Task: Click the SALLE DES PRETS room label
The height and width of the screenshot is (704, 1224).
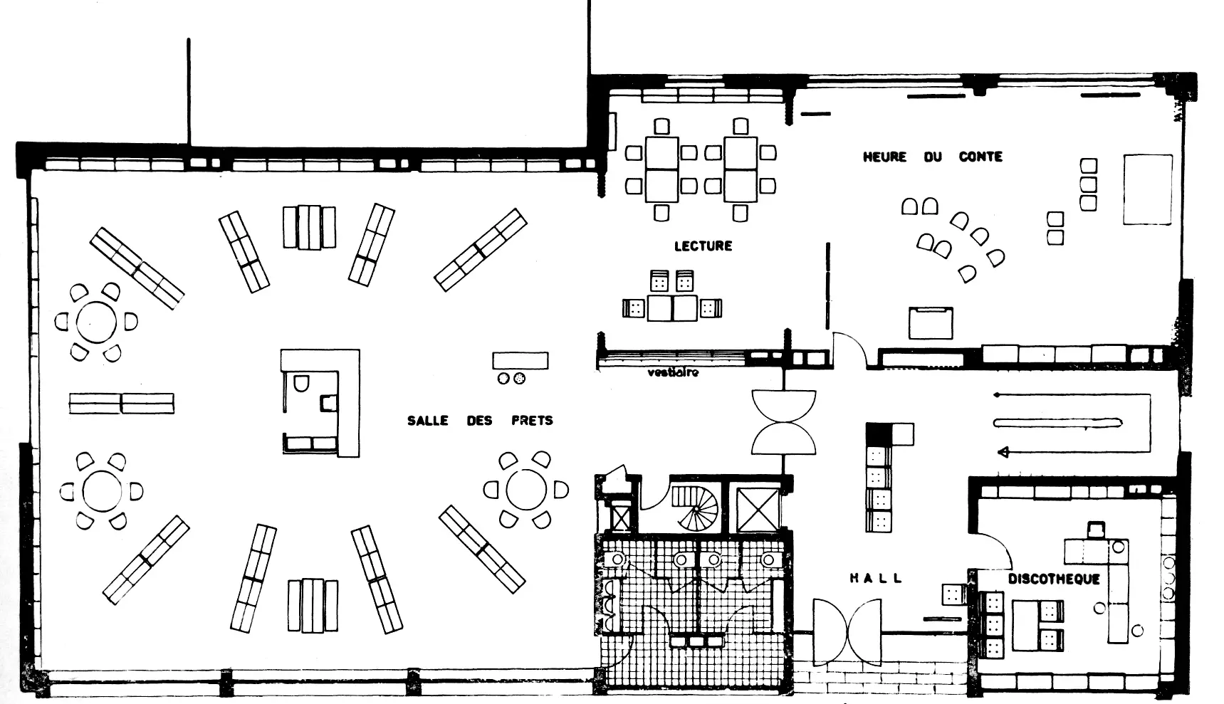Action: point(480,421)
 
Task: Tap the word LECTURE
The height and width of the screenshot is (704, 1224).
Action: point(703,246)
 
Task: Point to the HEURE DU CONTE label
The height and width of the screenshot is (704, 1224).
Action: point(932,157)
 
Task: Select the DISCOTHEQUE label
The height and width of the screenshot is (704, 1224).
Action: point(1054,579)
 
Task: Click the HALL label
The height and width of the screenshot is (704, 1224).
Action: point(876,579)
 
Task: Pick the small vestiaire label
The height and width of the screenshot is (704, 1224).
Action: point(673,372)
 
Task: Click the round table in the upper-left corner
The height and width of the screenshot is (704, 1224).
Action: point(96,322)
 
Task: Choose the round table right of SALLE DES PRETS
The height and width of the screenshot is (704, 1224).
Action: point(526,490)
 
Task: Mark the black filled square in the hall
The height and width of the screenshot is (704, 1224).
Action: point(878,434)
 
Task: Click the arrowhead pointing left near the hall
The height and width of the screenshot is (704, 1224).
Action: point(1005,451)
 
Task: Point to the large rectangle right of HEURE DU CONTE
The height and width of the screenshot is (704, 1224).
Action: point(1148,189)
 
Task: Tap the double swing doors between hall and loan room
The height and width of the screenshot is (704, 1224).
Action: point(783,422)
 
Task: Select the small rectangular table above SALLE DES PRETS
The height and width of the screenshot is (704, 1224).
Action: point(521,360)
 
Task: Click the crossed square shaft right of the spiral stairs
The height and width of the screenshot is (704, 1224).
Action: point(758,510)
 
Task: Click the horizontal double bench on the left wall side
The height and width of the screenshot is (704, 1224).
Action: point(122,404)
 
